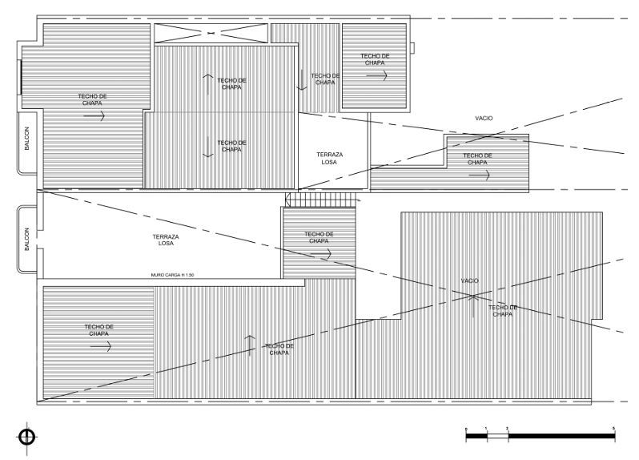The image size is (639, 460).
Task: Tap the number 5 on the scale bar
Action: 613,430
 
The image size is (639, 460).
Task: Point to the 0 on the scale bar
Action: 466,430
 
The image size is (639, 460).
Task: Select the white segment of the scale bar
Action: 497,436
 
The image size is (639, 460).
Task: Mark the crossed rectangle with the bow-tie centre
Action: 211,33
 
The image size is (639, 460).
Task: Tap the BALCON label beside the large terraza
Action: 26,238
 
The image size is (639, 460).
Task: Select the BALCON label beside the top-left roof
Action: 26,141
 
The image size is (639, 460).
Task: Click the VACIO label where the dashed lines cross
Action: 469,281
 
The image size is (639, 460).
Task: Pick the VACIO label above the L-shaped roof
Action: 484,118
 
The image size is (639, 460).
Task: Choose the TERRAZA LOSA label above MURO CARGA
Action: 166,240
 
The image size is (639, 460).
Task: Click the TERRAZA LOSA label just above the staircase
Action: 329,157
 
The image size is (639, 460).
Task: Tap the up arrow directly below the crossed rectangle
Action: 208,81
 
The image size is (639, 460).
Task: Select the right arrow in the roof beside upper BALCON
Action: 94,116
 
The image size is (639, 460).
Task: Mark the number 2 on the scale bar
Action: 508,430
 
